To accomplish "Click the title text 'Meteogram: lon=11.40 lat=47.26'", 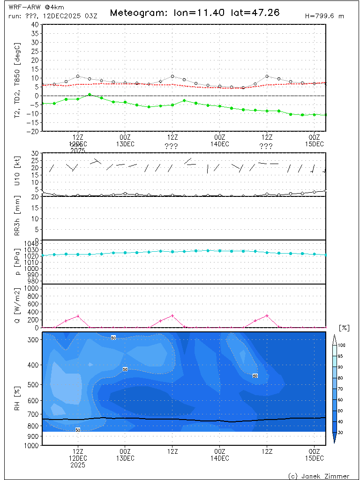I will click(195, 13).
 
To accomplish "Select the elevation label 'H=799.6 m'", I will click(324, 16).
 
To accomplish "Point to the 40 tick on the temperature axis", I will click(35, 24).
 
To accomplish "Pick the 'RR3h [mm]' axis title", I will click(18, 218).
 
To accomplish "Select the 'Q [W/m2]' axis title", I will click(18, 306).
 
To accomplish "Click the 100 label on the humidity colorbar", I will click(342, 345).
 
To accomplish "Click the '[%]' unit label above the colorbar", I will click(344, 328).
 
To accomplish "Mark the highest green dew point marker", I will click(90, 95).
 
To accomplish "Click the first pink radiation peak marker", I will click(78, 316).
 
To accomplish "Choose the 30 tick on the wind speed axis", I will click(35, 153).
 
